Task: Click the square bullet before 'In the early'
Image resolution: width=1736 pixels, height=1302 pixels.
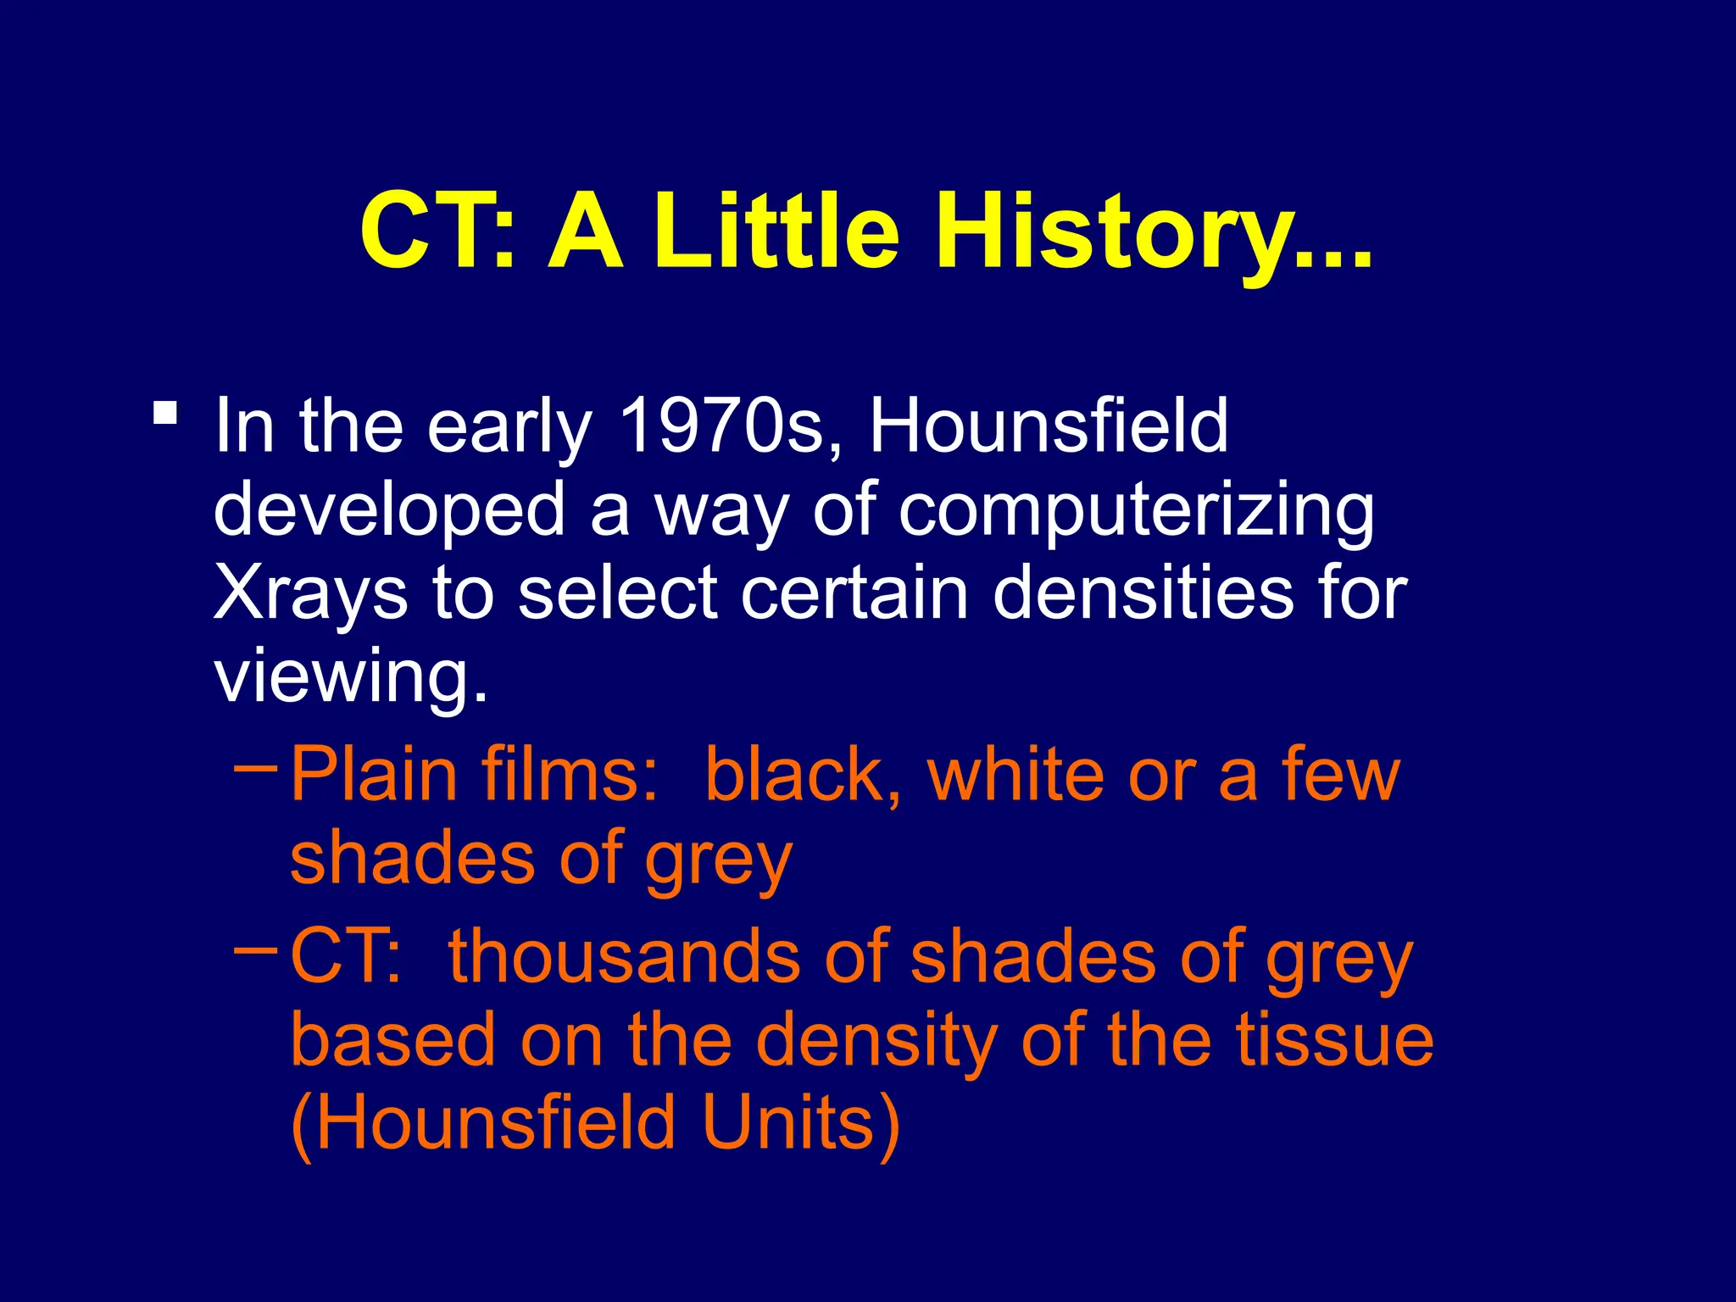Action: pyautogui.click(x=165, y=414)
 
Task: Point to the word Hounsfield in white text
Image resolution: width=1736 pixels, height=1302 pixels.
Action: pyautogui.click(x=1049, y=426)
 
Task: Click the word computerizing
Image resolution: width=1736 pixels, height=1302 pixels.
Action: pyautogui.click(x=1136, y=511)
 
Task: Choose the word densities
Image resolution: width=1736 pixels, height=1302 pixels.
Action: pyautogui.click(x=1143, y=593)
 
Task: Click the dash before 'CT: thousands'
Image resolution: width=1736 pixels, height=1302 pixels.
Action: pyautogui.click(x=255, y=950)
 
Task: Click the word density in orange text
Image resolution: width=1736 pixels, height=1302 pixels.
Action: pyautogui.click(x=876, y=1043)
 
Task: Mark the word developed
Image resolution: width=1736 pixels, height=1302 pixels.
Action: pyautogui.click(x=389, y=511)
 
